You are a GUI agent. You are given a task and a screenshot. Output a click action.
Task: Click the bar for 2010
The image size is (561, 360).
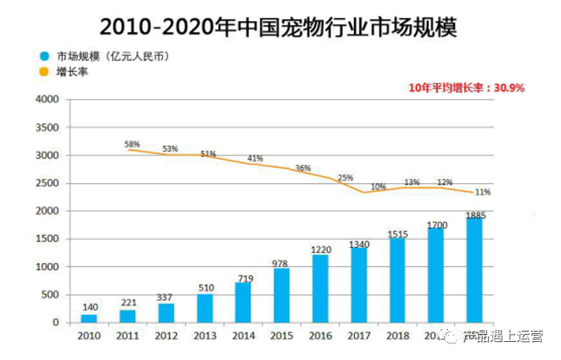(x=88, y=318)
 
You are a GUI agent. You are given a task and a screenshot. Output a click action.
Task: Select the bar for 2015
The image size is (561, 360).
(x=282, y=295)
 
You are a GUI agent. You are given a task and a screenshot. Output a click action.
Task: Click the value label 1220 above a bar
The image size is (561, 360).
(x=320, y=249)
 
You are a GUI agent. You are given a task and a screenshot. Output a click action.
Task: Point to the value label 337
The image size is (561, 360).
(x=166, y=298)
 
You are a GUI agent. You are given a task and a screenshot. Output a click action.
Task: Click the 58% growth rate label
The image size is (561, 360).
(x=132, y=144)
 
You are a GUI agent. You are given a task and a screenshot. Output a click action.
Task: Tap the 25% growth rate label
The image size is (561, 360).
(x=345, y=178)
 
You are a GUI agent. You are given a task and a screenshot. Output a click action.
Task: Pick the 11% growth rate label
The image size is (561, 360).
(x=483, y=192)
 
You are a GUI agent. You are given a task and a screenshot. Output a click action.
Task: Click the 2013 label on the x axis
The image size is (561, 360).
(x=205, y=336)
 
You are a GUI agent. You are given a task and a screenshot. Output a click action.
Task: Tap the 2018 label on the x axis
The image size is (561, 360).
(x=397, y=336)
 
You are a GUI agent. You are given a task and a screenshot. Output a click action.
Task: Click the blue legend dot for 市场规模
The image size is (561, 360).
(x=45, y=57)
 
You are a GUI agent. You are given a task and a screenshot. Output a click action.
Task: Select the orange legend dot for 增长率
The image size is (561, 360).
(x=45, y=72)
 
